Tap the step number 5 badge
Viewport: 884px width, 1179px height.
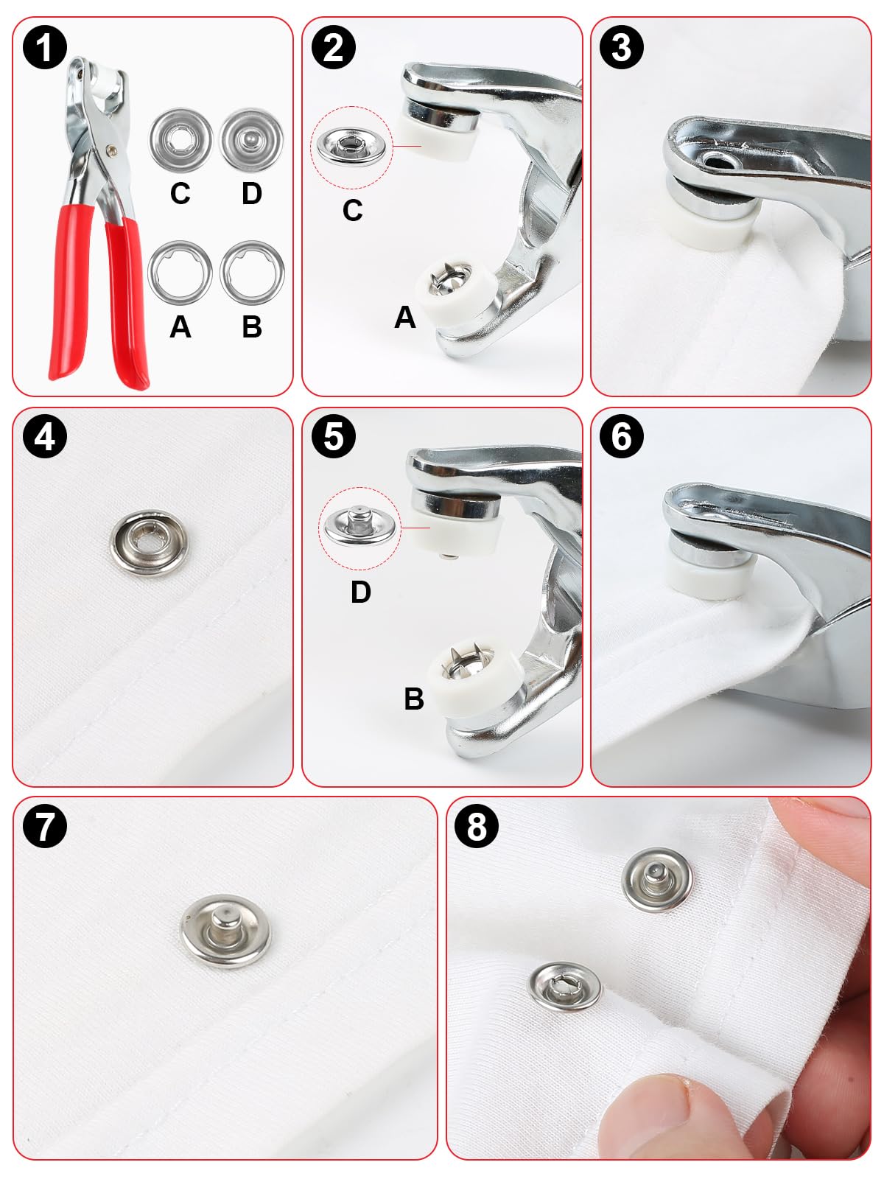point(334,436)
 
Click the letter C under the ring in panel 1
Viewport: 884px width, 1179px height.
point(180,194)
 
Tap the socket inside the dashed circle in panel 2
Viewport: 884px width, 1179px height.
point(351,146)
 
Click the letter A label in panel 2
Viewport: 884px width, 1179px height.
point(404,318)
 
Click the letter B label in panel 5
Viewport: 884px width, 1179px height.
point(414,699)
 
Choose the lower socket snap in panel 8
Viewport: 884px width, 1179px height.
point(564,987)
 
